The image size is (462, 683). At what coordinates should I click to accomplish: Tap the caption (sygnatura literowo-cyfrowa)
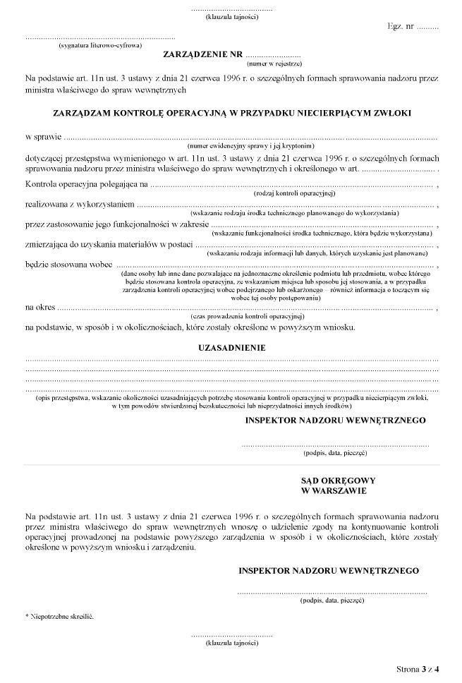coord(99,44)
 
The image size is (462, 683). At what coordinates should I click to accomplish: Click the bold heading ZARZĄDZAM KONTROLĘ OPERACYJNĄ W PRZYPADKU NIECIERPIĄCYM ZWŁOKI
coord(232,112)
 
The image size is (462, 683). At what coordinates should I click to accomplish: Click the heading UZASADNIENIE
coord(232,348)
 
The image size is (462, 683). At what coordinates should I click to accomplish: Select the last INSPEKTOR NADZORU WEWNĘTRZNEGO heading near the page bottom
coord(329,569)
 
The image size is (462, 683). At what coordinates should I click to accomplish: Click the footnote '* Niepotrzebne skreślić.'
coord(59,616)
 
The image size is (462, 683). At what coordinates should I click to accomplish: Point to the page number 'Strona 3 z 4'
coord(417,667)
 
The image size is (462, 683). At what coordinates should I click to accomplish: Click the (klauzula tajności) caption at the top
coord(231,16)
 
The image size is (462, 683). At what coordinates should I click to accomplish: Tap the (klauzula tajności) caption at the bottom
coord(231,644)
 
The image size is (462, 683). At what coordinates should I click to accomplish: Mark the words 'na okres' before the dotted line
coord(39,306)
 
